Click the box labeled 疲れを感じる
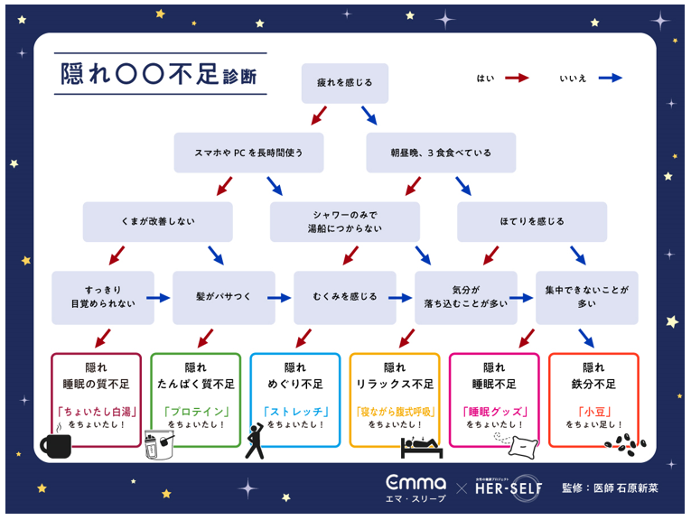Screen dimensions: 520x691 coord(344,83)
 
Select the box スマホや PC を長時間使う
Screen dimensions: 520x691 coord(249,153)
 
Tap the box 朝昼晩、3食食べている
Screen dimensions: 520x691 coord(441,153)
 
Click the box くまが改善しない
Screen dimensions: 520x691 coord(157,222)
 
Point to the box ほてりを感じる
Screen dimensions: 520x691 coord(531,222)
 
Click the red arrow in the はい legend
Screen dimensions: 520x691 coord(518,79)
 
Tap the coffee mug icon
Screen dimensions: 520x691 coord(56,445)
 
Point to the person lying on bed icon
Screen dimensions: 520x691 coord(419,445)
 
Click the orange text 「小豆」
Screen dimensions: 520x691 coord(593,410)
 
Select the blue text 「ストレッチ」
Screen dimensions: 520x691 coord(294,412)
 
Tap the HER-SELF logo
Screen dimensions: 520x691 coord(508,487)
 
